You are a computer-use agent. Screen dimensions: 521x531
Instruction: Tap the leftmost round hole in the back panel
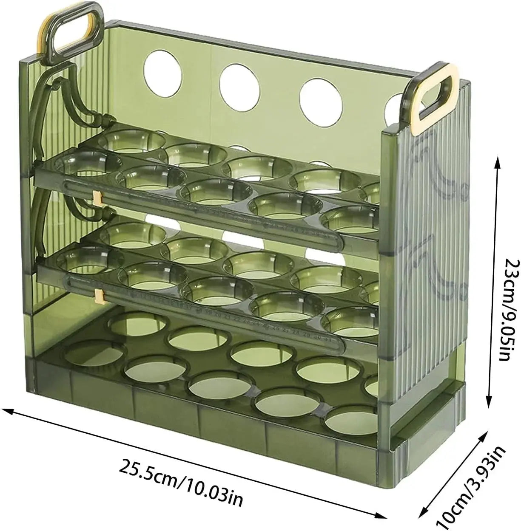point(163,74)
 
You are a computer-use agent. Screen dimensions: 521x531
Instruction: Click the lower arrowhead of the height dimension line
point(489,401)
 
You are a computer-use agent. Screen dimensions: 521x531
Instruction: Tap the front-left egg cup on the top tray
point(87,164)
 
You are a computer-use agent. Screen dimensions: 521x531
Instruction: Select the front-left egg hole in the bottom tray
point(94,354)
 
